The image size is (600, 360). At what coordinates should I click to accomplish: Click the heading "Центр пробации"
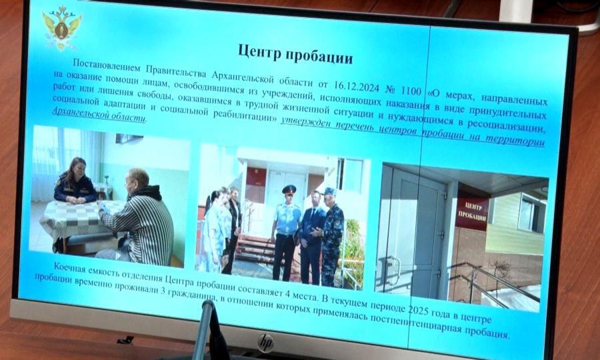coord(295,54)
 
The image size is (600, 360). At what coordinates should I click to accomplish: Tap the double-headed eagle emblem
coord(61,27)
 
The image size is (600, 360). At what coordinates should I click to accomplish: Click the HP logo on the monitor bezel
coord(265,343)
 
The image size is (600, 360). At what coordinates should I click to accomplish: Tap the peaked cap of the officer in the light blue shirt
coord(289,189)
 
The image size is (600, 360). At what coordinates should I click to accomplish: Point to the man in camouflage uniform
coord(331,237)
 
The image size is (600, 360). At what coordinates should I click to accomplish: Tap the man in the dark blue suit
coord(311,237)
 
